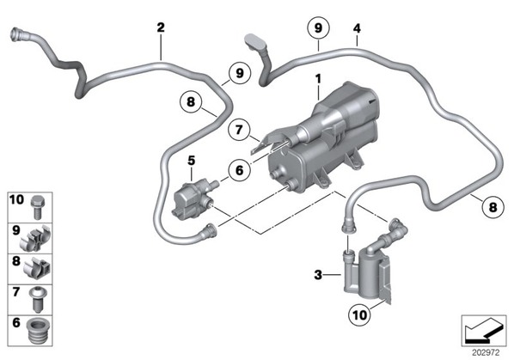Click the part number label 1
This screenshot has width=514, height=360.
(318, 79)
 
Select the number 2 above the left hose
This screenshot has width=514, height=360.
(161, 27)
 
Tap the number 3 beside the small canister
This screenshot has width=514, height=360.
(318, 274)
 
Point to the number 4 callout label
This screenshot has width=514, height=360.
(357, 28)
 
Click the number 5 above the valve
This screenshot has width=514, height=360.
(191, 161)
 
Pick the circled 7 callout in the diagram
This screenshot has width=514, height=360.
(239, 130)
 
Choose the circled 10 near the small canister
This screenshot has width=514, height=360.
(359, 314)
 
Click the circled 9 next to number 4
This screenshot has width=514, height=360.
(318, 27)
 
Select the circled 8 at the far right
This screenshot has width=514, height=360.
(493, 207)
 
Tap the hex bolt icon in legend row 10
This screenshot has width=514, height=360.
(37, 207)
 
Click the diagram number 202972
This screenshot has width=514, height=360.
(486, 352)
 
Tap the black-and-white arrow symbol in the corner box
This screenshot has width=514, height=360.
(483, 331)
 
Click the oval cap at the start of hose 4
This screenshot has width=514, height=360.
(255, 41)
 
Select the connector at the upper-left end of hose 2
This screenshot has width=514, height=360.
(18, 34)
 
